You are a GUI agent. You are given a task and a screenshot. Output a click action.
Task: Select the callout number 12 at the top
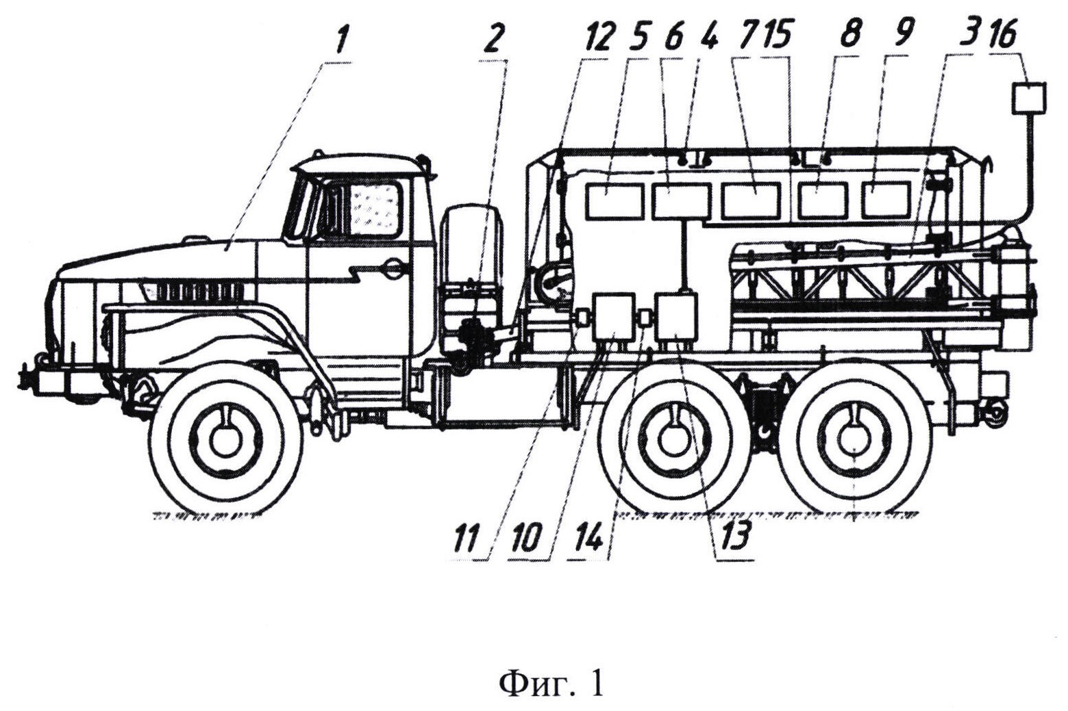pyautogui.click(x=597, y=40)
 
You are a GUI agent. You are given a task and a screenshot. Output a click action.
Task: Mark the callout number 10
pyautogui.click(x=529, y=539)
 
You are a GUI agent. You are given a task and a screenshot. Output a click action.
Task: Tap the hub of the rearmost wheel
pyautogui.click(x=855, y=440)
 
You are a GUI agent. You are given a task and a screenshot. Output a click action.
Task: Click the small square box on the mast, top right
pyautogui.click(x=1030, y=97)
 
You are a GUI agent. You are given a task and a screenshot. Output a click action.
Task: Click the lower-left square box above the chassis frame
pyautogui.click(x=613, y=315)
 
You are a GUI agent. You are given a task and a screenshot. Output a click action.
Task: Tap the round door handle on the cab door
pyautogui.click(x=393, y=269)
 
